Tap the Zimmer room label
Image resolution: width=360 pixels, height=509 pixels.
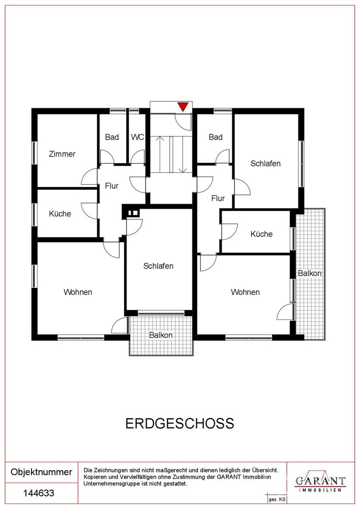[x=62, y=154]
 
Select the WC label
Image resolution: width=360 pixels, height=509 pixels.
[x=137, y=137]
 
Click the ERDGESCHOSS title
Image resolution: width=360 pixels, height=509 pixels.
[x=180, y=423]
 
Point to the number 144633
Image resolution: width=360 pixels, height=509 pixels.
[x=38, y=493]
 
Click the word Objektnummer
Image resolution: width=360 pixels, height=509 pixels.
[x=42, y=472]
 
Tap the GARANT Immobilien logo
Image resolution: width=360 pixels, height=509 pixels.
[x=320, y=482]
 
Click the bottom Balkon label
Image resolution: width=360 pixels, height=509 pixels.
[x=161, y=335]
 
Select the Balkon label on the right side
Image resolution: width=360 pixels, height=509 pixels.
[x=310, y=273]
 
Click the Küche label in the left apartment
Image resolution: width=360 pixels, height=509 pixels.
[x=60, y=214]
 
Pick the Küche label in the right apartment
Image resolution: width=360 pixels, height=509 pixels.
[x=261, y=234]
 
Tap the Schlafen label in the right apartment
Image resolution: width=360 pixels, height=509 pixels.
[x=265, y=163]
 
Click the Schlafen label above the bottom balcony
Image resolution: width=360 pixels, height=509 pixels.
[x=158, y=266]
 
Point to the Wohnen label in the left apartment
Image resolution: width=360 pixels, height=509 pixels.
[x=78, y=292]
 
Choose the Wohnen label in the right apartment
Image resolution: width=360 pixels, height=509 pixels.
[x=245, y=292]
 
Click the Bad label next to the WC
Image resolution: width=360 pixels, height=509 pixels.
[x=112, y=137]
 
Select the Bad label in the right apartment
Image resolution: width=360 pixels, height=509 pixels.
[x=216, y=137]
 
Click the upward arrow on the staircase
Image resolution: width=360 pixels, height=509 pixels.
[x=160, y=155]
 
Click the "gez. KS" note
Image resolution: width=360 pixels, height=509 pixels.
[x=277, y=499]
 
